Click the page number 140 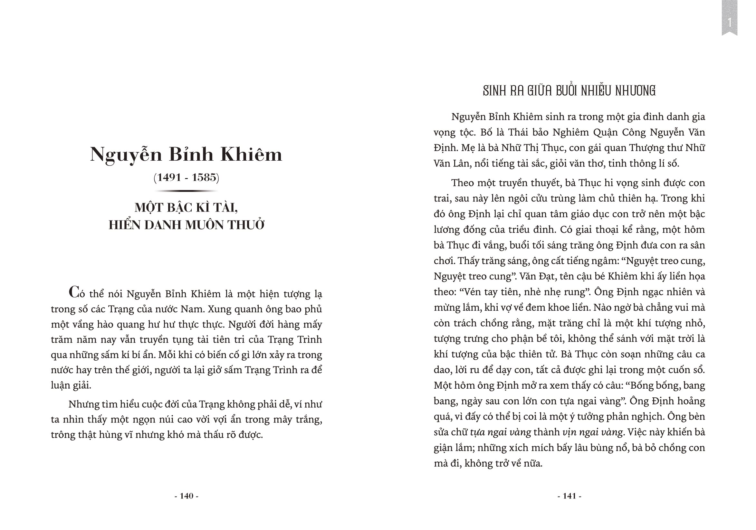point(187,496)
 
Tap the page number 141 point(569,496)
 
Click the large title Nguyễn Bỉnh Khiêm point(187,154)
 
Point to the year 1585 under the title point(204,177)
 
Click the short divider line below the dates point(187,191)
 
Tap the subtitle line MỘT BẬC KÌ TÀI point(187,208)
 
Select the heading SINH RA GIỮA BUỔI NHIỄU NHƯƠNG point(569,91)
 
